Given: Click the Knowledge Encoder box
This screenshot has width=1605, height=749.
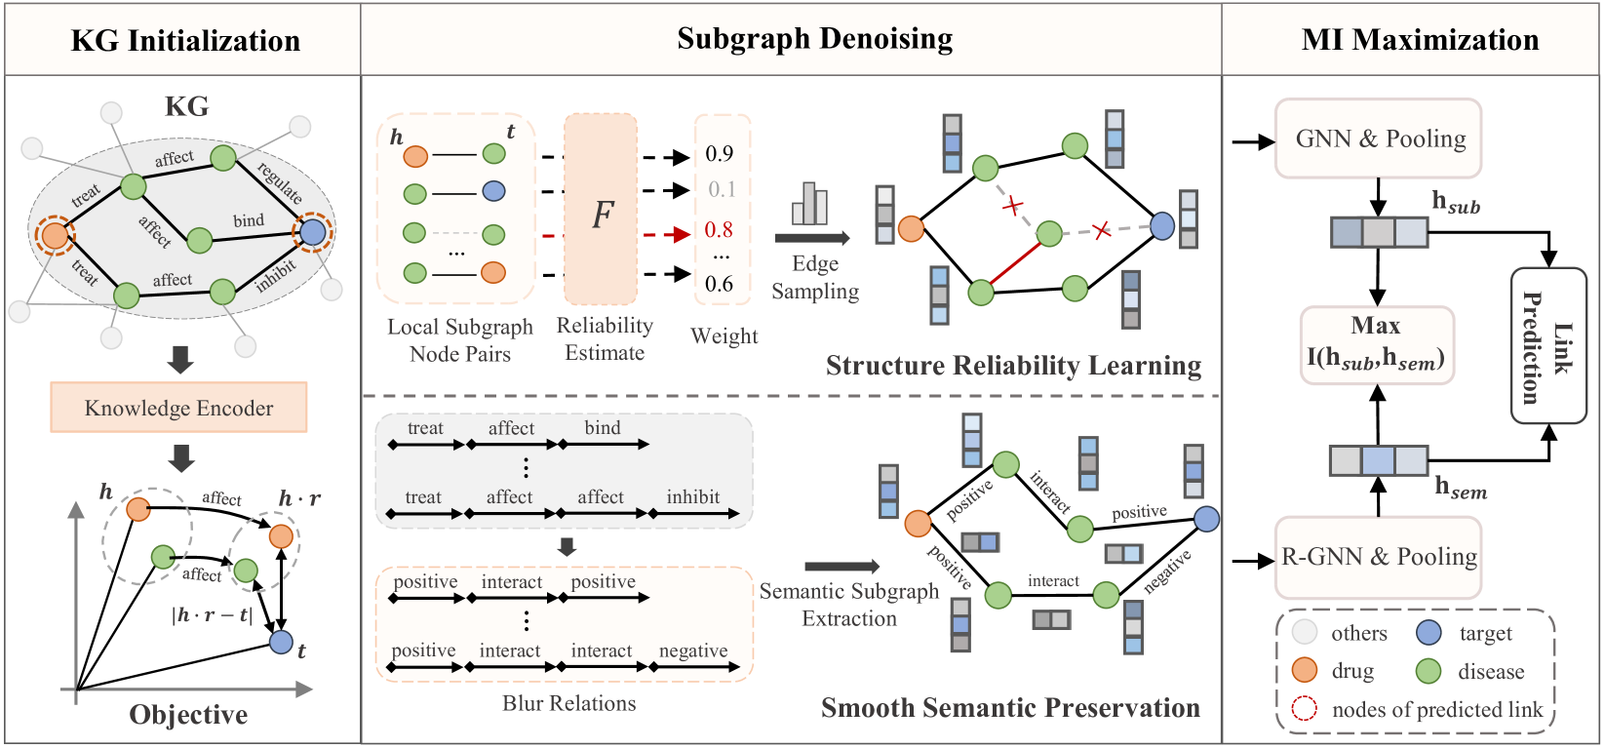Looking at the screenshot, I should [178, 408].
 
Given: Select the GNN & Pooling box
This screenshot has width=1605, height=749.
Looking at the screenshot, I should [1378, 138].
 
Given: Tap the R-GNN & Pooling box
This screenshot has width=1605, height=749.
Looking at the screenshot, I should [1378, 557].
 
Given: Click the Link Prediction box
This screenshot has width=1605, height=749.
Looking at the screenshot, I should [1548, 346].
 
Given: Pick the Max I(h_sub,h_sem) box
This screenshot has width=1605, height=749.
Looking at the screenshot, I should [1377, 344].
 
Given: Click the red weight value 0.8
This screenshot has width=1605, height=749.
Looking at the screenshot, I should [719, 230].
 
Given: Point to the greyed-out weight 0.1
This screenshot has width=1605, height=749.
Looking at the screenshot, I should [722, 189].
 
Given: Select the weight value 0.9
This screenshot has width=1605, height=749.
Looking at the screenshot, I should [719, 154].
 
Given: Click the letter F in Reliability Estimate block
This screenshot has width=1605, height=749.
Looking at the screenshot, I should [603, 215].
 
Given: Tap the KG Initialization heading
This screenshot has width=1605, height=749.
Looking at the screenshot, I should [185, 41].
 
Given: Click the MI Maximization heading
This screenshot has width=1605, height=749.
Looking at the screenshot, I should [1420, 40].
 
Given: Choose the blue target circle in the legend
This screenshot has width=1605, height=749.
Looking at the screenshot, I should [1429, 633].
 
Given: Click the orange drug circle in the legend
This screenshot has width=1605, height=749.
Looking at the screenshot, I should [1305, 671].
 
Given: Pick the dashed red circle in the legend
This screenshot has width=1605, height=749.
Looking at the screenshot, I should [1305, 709].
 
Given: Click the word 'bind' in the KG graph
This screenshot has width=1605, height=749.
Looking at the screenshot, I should [249, 220].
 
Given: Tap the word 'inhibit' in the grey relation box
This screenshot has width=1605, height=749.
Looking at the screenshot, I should [693, 497].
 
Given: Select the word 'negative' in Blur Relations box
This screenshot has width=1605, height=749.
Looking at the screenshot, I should [693, 650].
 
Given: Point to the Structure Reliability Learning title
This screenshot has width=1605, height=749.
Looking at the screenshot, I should [1013, 366].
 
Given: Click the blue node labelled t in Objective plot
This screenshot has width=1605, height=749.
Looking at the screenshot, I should [281, 642].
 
